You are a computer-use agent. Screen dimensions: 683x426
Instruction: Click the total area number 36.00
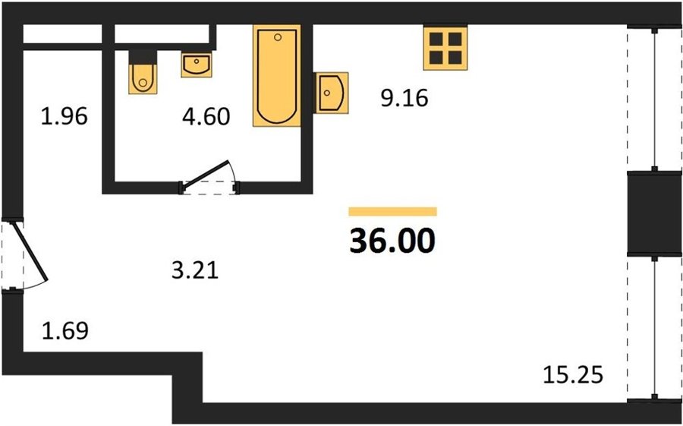click(x=392, y=241)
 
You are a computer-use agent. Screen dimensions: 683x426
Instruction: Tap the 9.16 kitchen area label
click(x=404, y=99)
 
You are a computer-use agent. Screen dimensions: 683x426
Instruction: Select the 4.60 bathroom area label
click(x=206, y=117)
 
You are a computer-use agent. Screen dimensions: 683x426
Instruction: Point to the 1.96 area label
click(x=65, y=117)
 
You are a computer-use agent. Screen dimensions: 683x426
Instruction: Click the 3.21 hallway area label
click(x=195, y=271)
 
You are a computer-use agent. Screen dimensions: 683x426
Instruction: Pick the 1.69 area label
click(x=65, y=331)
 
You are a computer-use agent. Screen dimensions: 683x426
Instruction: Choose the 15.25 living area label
click(x=573, y=374)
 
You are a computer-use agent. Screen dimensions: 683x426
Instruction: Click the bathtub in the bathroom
click(x=276, y=76)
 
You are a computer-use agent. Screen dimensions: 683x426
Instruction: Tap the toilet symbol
click(x=143, y=78)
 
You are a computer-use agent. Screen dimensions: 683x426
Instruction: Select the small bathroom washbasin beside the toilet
click(x=197, y=65)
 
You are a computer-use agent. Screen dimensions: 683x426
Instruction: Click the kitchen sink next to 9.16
click(x=332, y=93)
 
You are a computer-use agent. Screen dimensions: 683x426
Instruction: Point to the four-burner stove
click(x=445, y=48)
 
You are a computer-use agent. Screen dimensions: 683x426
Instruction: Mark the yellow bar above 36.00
click(x=392, y=211)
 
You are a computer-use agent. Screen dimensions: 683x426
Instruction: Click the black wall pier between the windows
click(x=655, y=213)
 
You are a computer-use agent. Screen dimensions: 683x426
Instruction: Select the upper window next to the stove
click(x=655, y=99)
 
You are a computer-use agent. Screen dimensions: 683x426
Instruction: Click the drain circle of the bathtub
click(x=278, y=37)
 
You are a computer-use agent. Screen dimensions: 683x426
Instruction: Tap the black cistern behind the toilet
click(x=143, y=57)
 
